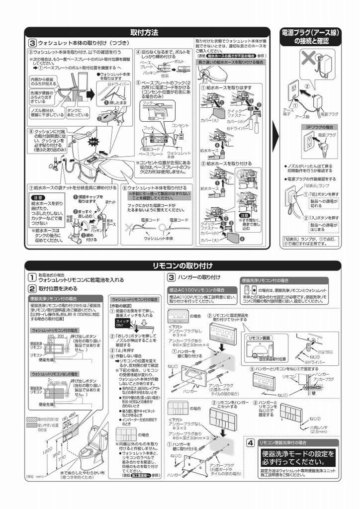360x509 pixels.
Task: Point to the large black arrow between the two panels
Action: (275, 140)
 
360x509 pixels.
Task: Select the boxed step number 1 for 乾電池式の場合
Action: (31, 277)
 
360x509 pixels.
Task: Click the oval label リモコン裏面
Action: (259, 338)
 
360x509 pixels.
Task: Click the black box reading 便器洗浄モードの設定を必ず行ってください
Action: (298, 457)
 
